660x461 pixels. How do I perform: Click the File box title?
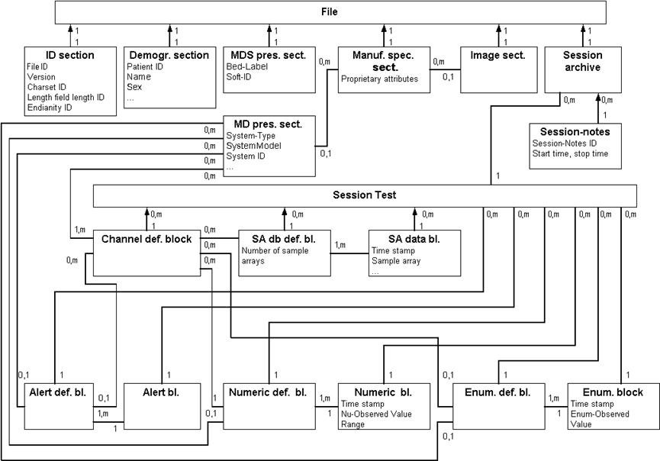pyautogui.click(x=330, y=11)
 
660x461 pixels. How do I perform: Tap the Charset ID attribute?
pyautogui.click(x=47, y=87)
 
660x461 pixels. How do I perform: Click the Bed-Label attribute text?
pyautogui.click(x=244, y=67)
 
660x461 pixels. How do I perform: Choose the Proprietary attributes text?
pyautogui.click(x=379, y=79)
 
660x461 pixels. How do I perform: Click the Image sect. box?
pyautogui.click(x=495, y=69)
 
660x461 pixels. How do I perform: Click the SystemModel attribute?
pyautogui.click(x=253, y=146)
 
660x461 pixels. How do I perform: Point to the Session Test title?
pyautogui.click(x=364, y=195)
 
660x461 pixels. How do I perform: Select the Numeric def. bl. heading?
pyautogui.click(x=267, y=392)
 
